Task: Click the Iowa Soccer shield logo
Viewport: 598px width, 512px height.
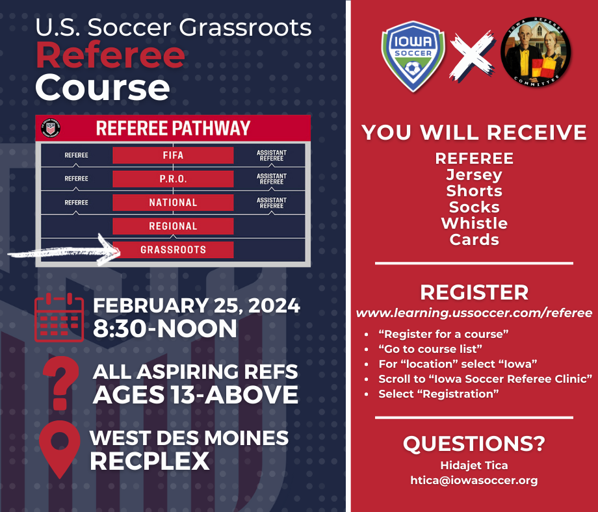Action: pyautogui.click(x=413, y=56)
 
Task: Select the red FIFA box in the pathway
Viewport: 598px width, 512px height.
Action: pyautogui.click(x=173, y=155)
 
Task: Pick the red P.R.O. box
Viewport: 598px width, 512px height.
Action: pyautogui.click(x=173, y=179)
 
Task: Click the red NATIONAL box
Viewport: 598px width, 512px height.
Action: pyautogui.click(x=173, y=203)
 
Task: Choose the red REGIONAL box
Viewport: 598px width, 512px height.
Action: pyautogui.click(x=173, y=226)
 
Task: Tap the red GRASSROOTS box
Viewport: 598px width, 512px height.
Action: pyautogui.click(x=173, y=250)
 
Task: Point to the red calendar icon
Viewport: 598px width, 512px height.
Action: pyautogui.click(x=59, y=318)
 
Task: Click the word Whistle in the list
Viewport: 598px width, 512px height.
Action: pyautogui.click(x=474, y=224)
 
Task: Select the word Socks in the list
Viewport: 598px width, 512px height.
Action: pyautogui.click(x=474, y=207)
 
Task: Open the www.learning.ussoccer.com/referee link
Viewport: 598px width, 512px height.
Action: pyautogui.click(x=474, y=313)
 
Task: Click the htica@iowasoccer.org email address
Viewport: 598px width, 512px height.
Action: pyautogui.click(x=474, y=480)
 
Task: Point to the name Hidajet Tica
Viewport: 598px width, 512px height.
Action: pyautogui.click(x=474, y=465)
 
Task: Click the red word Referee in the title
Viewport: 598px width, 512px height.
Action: pyautogui.click(x=110, y=55)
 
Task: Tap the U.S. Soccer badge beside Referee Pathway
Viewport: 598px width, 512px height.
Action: pyautogui.click(x=51, y=128)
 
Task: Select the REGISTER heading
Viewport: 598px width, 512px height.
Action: pyautogui.click(x=474, y=292)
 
